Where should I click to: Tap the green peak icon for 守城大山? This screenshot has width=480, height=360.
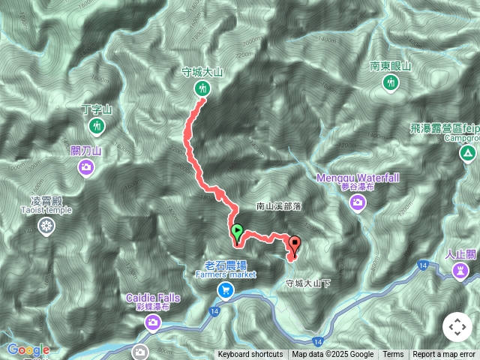pyautogui.click(x=202, y=89)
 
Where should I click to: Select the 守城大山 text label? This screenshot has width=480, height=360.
pyautogui.click(x=202, y=73)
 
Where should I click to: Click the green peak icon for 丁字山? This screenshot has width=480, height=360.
pyautogui.click(x=96, y=125)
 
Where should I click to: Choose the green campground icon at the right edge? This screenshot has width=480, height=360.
pyautogui.click(x=468, y=154)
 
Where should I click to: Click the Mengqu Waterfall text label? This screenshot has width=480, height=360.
pyautogui.click(x=358, y=177)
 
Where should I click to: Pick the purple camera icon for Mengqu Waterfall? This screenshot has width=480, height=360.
pyautogui.click(x=358, y=202)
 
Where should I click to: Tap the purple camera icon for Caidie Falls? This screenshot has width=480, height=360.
pyautogui.click(x=152, y=322)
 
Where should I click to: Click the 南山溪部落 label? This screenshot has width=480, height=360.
pyautogui.click(x=278, y=205)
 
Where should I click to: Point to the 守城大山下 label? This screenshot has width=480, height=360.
pyautogui.click(x=307, y=283)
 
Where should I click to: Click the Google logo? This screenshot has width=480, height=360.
pyautogui.click(x=28, y=349)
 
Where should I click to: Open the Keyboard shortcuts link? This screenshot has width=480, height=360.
pyautogui.click(x=250, y=355)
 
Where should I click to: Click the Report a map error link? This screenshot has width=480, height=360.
pyautogui.click(x=444, y=355)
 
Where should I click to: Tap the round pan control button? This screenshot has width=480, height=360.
pyautogui.click(x=457, y=327)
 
